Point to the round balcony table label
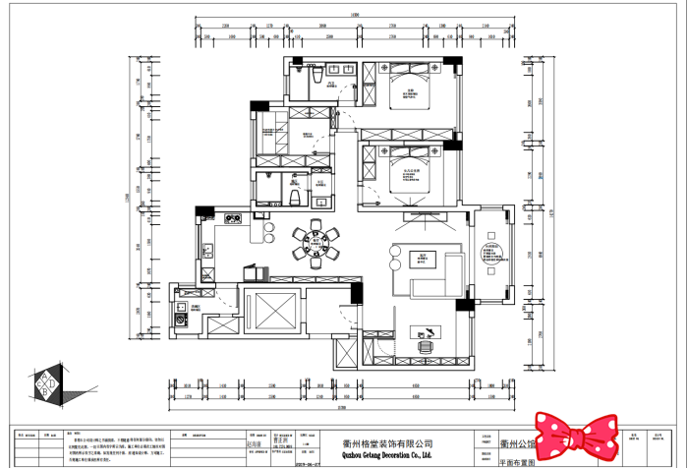pos(489,255)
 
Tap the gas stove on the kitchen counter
pos(233,219)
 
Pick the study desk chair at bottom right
pos(426,346)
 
